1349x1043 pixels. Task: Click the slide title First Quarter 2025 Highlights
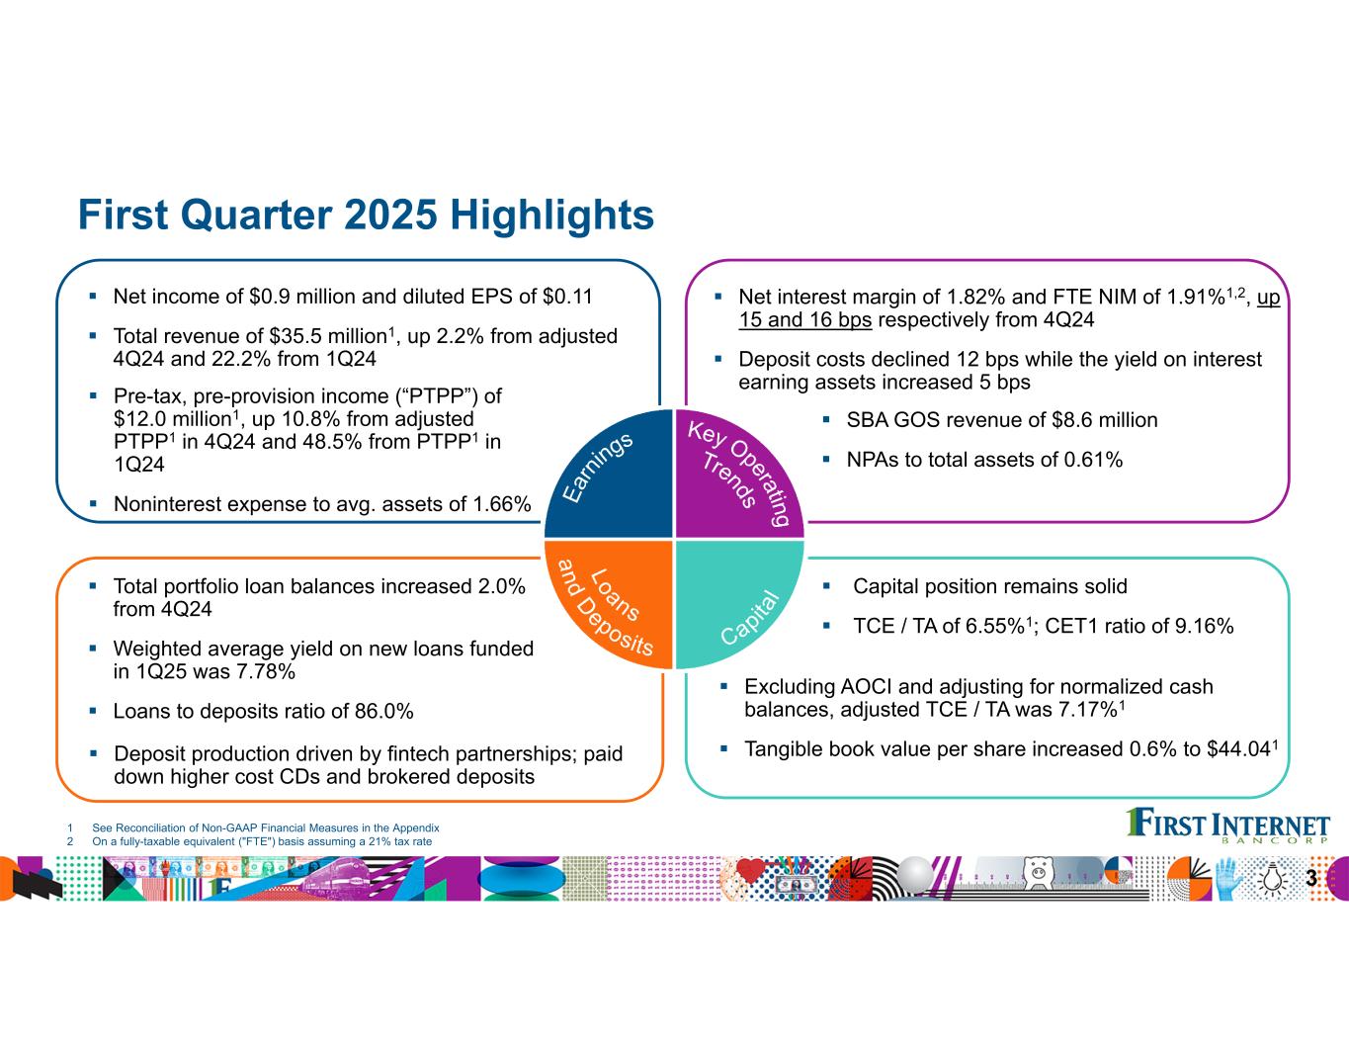[x=366, y=215]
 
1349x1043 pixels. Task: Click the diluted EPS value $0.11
[x=567, y=297]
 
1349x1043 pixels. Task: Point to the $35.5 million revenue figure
[x=328, y=336]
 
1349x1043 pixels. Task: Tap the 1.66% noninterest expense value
[x=502, y=504]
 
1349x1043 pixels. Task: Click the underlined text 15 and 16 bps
[x=805, y=319]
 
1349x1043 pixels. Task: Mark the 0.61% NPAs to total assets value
[x=1093, y=460]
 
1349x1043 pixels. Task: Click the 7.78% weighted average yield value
[x=266, y=671]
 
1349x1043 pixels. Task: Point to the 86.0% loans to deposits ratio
[x=383, y=712]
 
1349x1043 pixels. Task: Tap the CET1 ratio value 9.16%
[x=1205, y=626]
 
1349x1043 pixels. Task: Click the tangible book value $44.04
[x=1238, y=749]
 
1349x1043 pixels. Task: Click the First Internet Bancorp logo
[x=1228, y=826]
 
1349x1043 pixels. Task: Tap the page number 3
[x=1311, y=879]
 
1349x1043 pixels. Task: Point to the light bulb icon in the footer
[x=1271, y=878]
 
